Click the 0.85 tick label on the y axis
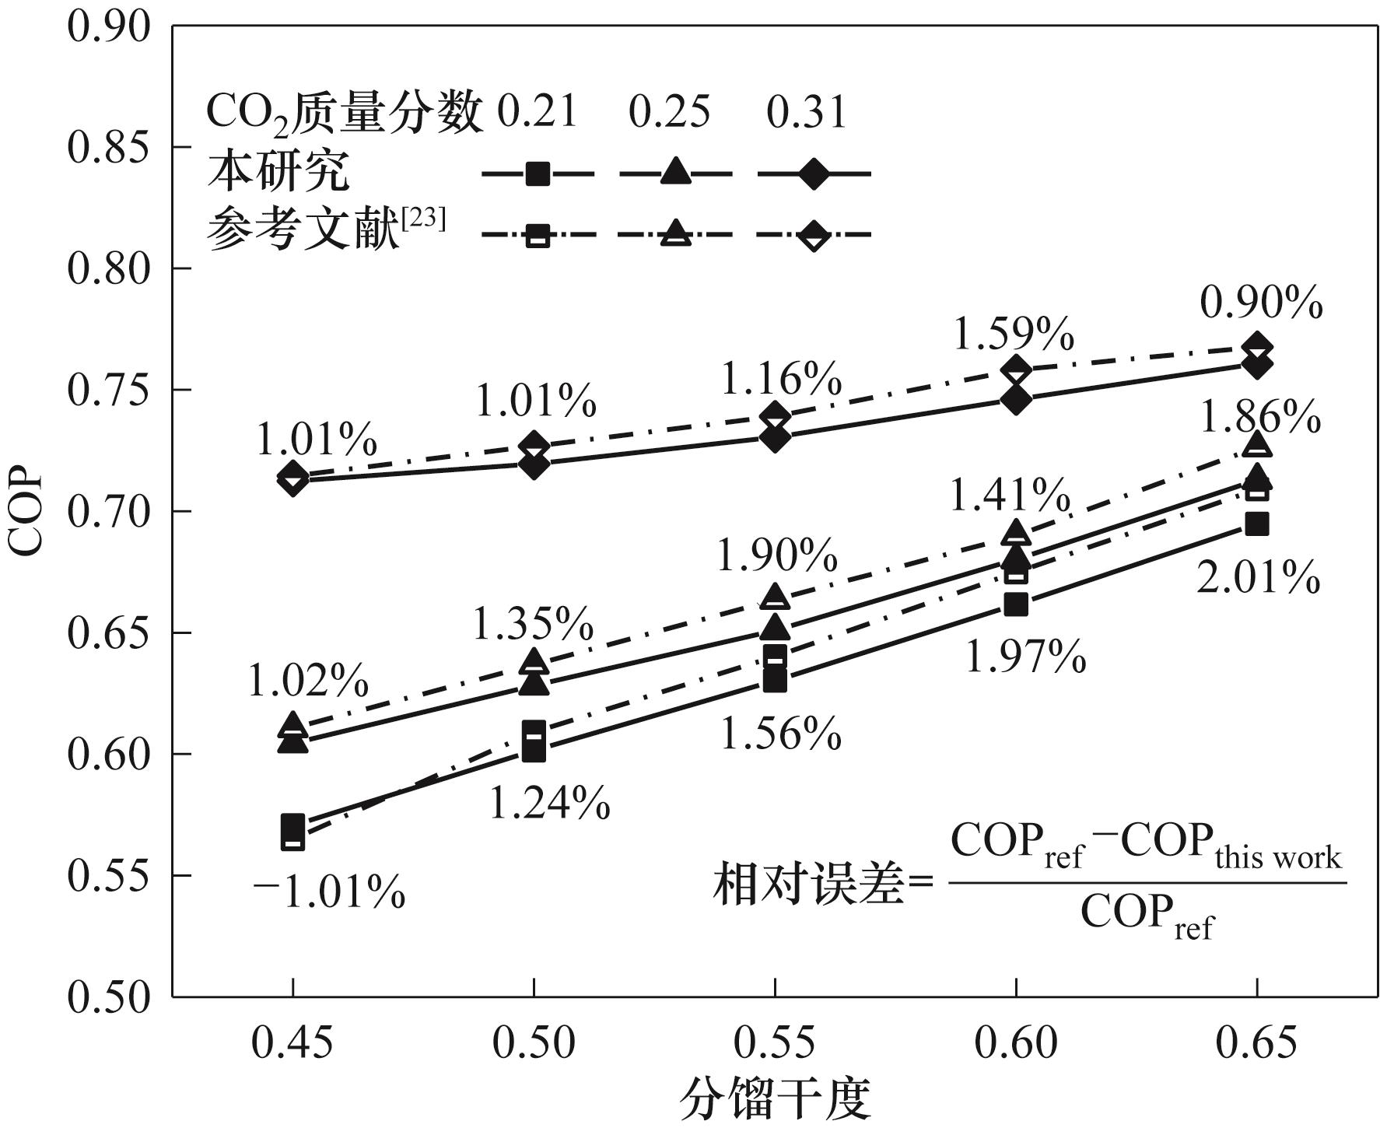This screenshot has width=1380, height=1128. click(108, 148)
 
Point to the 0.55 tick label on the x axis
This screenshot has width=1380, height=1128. click(774, 1042)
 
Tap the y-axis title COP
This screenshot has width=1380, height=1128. click(26, 511)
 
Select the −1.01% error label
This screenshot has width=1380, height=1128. click(329, 892)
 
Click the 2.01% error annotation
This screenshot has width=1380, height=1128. click(1257, 579)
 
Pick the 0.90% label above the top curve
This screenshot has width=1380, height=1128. click(1261, 303)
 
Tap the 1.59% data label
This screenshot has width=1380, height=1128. click(1013, 335)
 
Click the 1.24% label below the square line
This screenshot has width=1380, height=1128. click(549, 804)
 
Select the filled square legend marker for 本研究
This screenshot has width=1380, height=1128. click(538, 173)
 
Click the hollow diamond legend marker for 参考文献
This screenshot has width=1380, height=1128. click(814, 234)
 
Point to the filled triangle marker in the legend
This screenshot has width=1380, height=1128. click(675, 172)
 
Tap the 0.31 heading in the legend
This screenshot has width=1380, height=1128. click(806, 112)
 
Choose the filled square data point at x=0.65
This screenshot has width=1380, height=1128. click(1256, 524)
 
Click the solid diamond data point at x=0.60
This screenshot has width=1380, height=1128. click(1015, 400)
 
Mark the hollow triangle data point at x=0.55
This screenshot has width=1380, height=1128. click(775, 597)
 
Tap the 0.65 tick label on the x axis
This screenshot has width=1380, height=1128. click(1256, 1042)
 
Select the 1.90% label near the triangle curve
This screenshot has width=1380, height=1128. click(776, 555)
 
